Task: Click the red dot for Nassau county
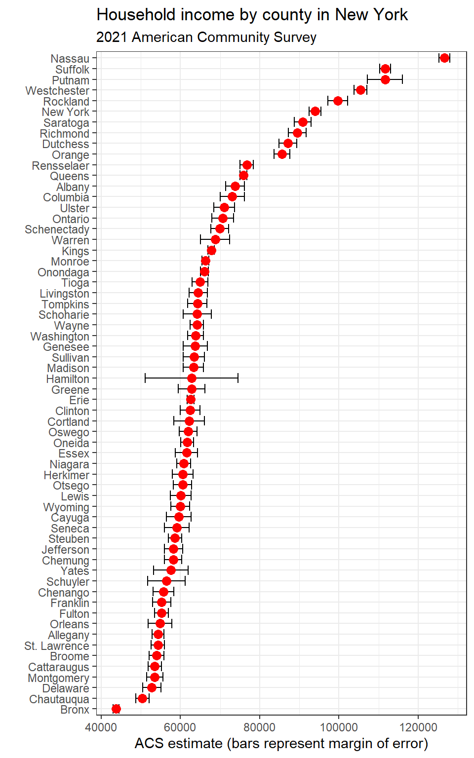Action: (444, 58)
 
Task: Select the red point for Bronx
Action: (116, 709)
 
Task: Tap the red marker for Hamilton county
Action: (192, 379)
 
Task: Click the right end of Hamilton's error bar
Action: (238, 379)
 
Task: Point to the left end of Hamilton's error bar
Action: (145, 379)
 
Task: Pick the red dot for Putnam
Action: (385, 79)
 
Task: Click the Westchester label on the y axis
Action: (57, 91)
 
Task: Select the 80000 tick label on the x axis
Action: (260, 727)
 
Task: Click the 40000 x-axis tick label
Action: (101, 727)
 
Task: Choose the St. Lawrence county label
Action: (57, 646)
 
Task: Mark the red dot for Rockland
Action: (338, 101)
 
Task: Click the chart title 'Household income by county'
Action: (252, 15)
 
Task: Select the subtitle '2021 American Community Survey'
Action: (206, 38)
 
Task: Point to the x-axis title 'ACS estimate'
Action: (281, 744)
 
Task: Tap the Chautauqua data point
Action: (142, 698)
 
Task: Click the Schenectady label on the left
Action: (57, 229)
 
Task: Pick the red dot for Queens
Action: (243, 176)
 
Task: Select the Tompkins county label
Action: (65, 304)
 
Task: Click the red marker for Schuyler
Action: (166, 581)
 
